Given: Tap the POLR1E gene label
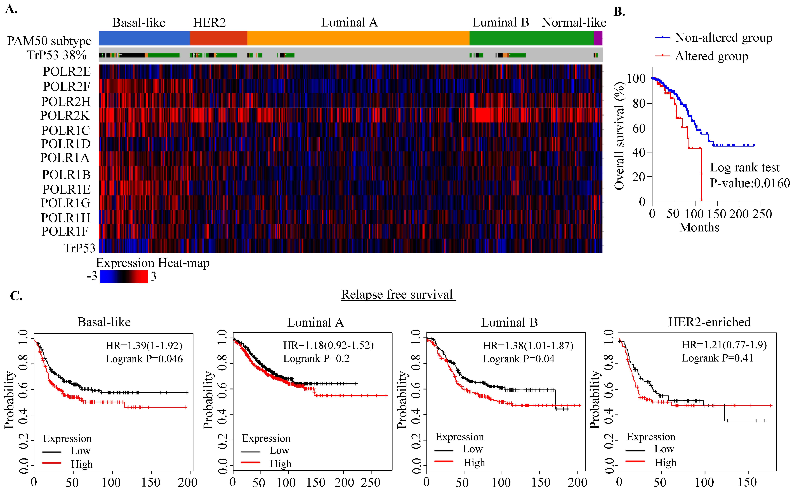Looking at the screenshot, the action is click(x=66, y=189).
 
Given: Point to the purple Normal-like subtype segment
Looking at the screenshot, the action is click(x=598, y=38).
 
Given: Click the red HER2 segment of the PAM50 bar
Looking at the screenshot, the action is click(x=219, y=38).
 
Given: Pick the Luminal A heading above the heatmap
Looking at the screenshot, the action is click(x=349, y=23).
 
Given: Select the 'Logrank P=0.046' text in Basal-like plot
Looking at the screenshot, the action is click(x=144, y=359).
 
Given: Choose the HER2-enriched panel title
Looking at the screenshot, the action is click(x=709, y=322).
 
